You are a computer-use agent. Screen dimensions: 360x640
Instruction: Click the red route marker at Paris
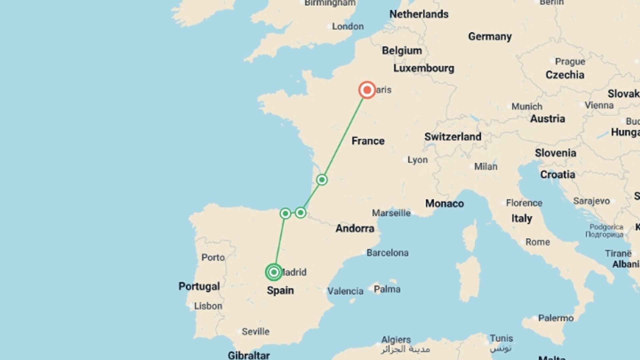tap(367, 90)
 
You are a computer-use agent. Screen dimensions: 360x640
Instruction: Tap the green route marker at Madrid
tap(274, 272)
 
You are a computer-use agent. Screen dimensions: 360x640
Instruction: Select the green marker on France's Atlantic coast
tap(322, 180)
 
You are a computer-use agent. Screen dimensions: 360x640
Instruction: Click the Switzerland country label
tap(453, 137)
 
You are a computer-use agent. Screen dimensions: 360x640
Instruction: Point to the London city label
tap(347, 26)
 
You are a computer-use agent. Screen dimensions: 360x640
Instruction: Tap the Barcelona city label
tap(387, 253)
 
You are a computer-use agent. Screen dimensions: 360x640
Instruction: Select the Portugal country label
tap(199, 286)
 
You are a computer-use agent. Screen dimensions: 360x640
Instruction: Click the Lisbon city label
tap(208, 306)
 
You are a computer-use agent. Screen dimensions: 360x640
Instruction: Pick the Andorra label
tap(355, 229)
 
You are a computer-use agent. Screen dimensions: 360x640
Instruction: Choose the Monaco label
tap(444, 204)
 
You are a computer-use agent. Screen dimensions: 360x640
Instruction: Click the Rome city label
tap(537, 242)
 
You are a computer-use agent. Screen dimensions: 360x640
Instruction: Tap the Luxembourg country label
tap(424, 68)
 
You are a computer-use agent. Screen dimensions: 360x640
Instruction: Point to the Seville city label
tap(255, 332)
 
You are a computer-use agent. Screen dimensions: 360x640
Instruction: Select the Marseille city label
tap(391, 213)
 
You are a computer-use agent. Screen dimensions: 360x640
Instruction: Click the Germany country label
tap(490, 37)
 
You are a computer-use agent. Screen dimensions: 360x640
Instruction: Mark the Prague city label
tap(570, 62)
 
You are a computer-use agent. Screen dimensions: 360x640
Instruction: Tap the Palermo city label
tap(556, 318)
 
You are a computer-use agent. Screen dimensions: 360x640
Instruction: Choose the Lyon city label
tap(417, 160)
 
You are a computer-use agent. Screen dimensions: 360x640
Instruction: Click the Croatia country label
tap(557, 175)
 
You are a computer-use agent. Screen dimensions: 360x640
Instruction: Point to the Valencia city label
tap(345, 291)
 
